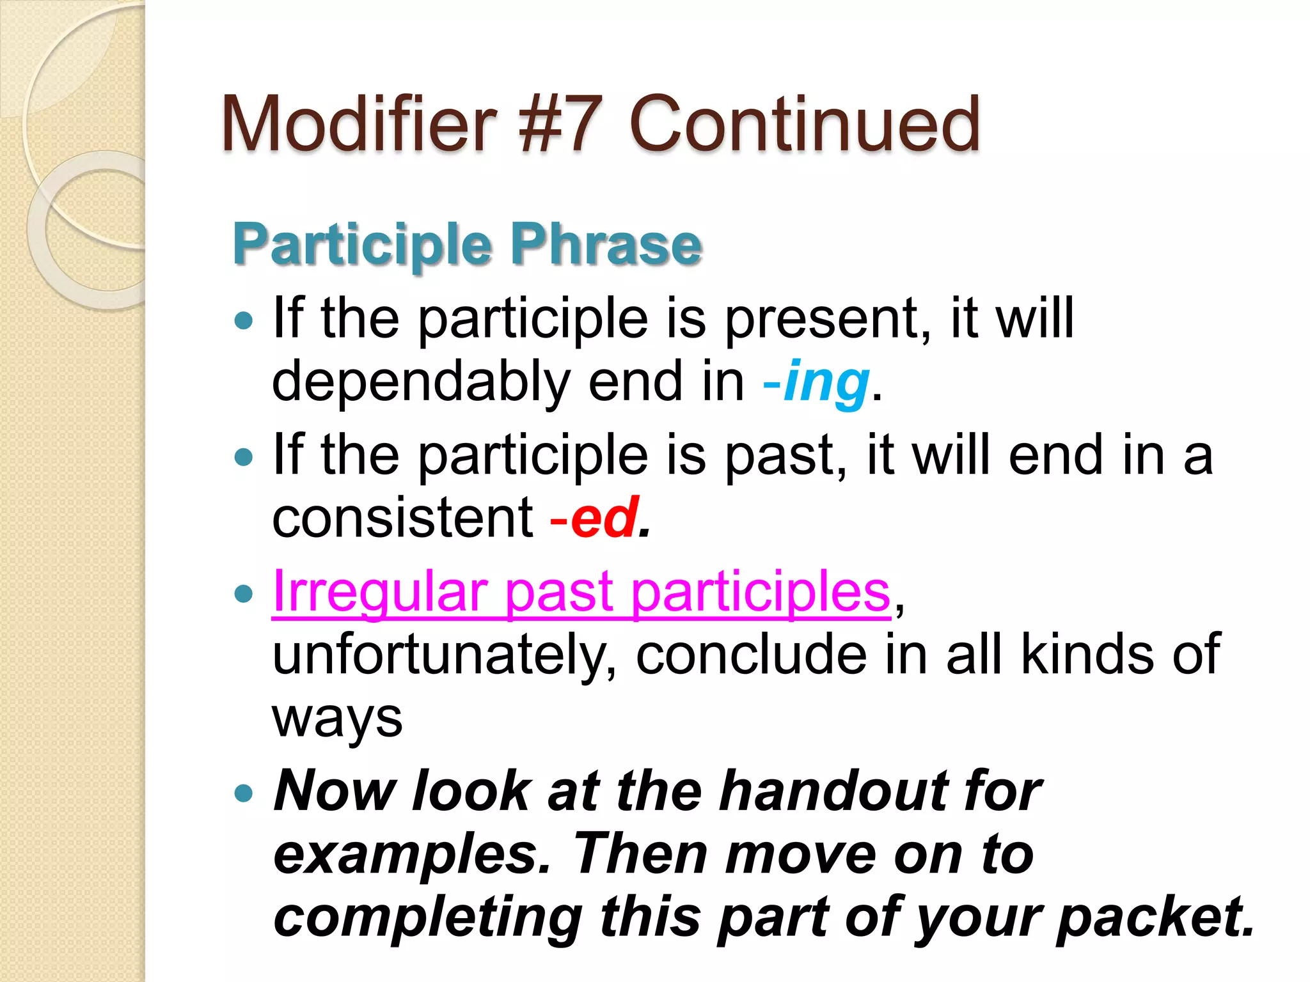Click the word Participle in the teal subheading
pos(362,245)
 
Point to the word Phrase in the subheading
pos(606,245)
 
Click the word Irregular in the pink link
pos(380,591)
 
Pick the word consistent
pos(402,518)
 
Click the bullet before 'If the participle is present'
pos(244,320)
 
